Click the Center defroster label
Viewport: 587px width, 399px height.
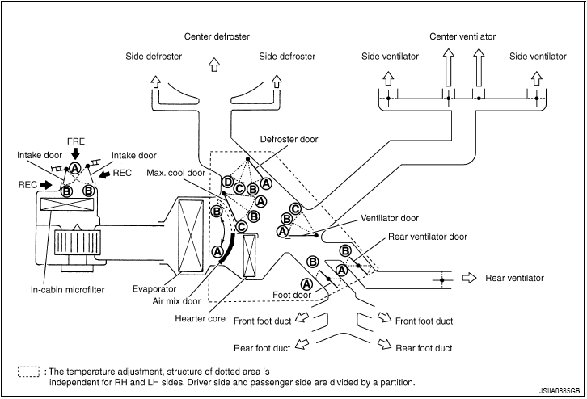(x=217, y=37)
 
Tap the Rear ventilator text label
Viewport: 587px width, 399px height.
(x=514, y=279)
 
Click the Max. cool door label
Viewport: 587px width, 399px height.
(x=177, y=173)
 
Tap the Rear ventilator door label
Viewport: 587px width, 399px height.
(x=428, y=237)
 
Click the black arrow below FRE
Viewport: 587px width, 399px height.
(x=75, y=153)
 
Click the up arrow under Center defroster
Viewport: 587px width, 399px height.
(x=214, y=64)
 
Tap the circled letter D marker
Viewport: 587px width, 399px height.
(x=228, y=183)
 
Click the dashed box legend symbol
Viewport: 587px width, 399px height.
(x=28, y=372)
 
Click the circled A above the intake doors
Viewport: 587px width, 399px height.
(x=75, y=168)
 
